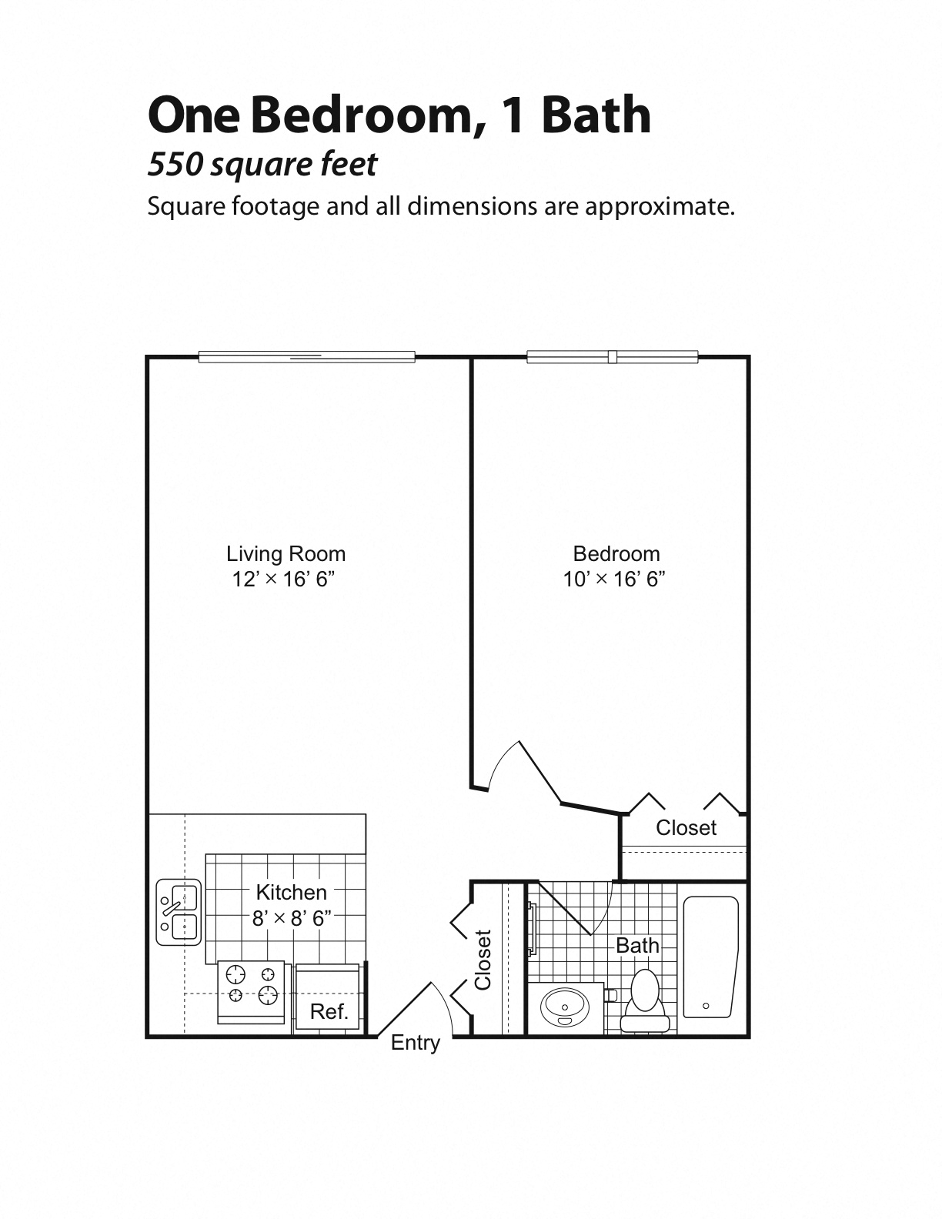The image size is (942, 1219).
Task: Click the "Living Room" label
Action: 286,554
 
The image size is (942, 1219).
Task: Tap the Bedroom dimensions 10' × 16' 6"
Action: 613,579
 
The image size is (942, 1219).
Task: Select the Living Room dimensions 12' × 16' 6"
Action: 283,579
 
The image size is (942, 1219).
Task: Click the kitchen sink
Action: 179,912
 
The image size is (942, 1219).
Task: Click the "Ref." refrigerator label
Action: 329,1011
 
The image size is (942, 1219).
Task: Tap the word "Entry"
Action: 416,1043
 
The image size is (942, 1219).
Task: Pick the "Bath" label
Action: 637,945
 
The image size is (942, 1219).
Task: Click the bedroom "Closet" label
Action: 686,828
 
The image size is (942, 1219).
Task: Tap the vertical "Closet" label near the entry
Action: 483,960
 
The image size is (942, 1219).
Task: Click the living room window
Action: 306,357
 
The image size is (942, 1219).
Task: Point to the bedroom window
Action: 612,357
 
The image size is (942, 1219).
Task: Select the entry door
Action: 406,1008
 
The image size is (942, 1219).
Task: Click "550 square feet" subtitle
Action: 262,164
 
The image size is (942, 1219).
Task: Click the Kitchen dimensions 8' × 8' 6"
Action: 291,918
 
